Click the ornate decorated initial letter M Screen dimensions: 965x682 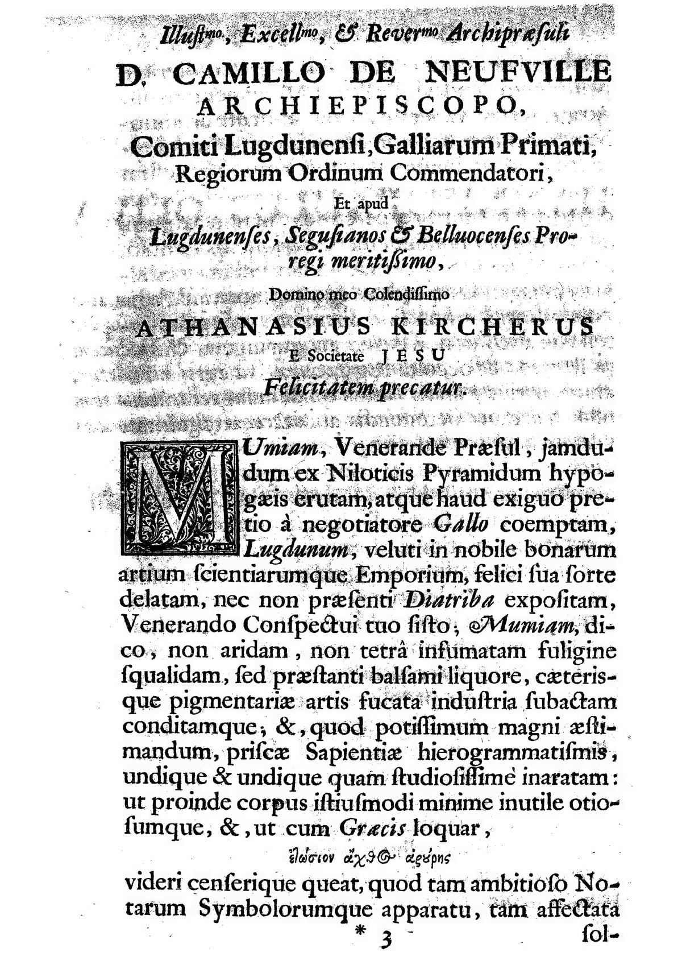(x=178, y=500)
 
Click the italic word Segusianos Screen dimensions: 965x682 (x=338, y=234)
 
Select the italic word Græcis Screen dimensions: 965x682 (x=374, y=829)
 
